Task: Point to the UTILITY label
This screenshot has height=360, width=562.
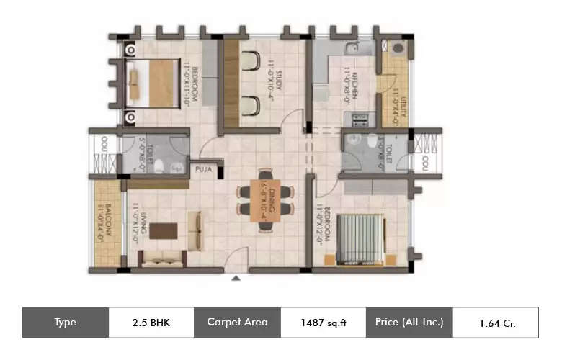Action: pyautogui.click(x=396, y=108)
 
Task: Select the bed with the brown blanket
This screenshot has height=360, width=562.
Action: pyautogui.click(x=153, y=83)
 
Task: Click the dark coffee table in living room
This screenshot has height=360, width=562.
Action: pyautogui.click(x=164, y=231)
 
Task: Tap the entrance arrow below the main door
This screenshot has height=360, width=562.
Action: pyautogui.click(x=235, y=277)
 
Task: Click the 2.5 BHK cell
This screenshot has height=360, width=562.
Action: pyautogui.click(x=151, y=322)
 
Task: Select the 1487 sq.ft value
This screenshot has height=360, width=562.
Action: pyautogui.click(x=323, y=323)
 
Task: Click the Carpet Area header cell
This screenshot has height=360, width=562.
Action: pyautogui.click(x=237, y=322)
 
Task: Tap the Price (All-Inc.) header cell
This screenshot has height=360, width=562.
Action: pyautogui.click(x=409, y=322)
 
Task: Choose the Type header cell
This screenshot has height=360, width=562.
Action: pyautogui.click(x=66, y=322)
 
